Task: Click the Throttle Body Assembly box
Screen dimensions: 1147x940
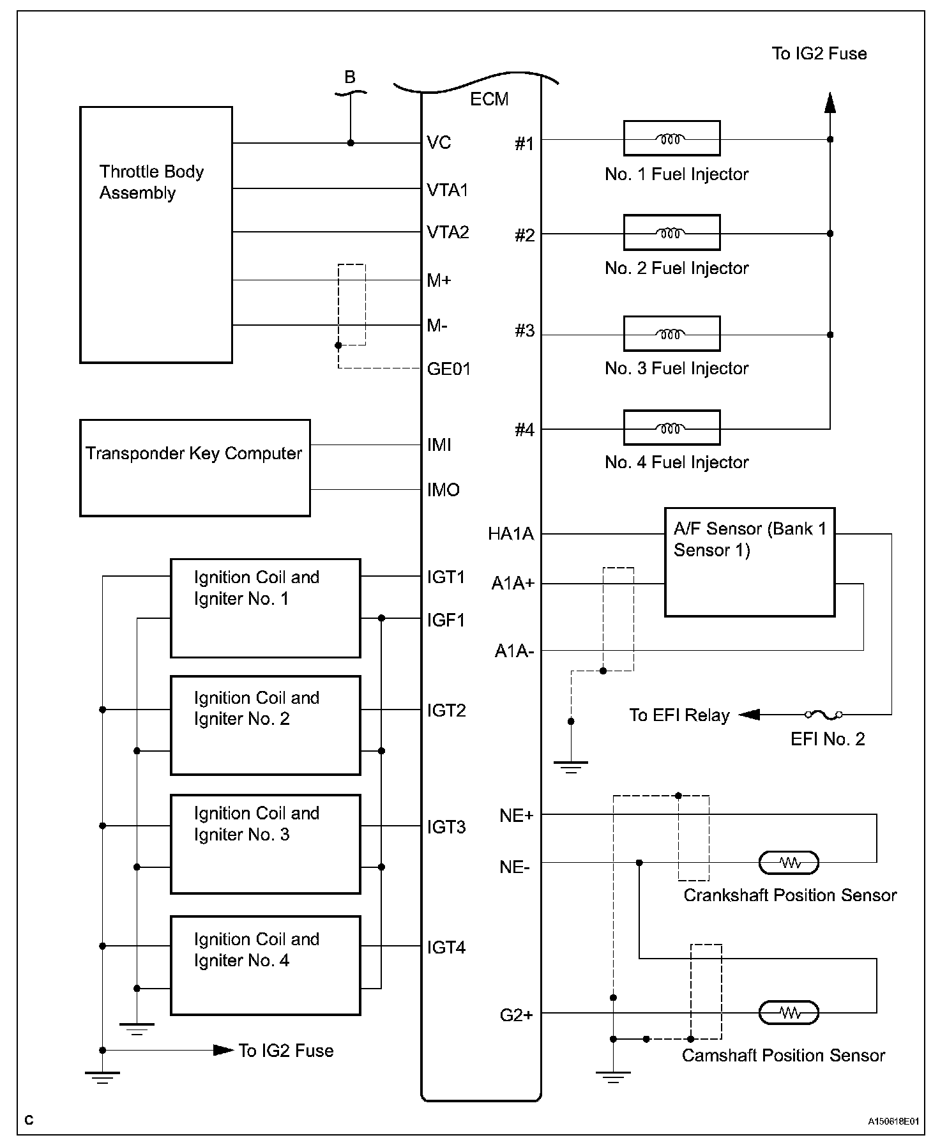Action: pos(156,234)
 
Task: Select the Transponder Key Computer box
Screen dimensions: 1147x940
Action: pos(195,467)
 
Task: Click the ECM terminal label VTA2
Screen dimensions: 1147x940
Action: pos(448,232)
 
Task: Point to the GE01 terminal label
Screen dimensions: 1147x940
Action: pos(448,369)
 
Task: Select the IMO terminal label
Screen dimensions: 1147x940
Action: pos(443,490)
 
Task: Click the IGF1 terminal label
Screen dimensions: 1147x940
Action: pos(446,619)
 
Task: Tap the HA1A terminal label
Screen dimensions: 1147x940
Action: pos(511,534)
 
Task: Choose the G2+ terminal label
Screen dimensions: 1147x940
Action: pos(516,1015)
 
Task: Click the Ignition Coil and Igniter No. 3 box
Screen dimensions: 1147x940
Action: pos(265,844)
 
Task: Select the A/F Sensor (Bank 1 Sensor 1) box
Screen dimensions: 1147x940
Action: pos(750,562)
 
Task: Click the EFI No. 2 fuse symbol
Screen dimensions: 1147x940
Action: pos(823,715)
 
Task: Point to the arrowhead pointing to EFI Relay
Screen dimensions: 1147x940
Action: pos(749,715)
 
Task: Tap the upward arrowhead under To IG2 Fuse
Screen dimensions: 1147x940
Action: pos(830,103)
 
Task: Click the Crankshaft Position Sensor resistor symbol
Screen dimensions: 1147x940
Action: pos(789,863)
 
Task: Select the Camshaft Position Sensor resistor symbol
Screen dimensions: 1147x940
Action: pos(789,1012)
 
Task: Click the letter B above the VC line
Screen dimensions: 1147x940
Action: pos(350,77)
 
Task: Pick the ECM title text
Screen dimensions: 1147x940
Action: pos(489,99)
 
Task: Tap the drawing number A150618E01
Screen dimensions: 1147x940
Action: pos(893,1121)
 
